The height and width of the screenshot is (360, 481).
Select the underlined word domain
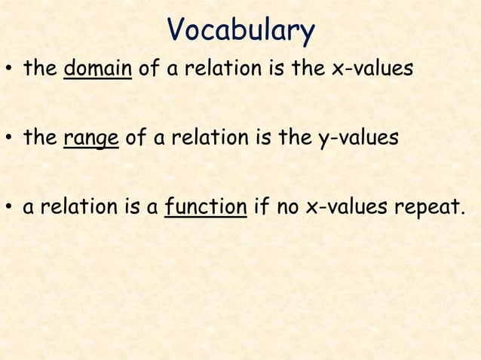[x=99, y=69]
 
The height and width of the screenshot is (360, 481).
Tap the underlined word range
[x=91, y=139]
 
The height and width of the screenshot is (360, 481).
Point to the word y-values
[x=349, y=139]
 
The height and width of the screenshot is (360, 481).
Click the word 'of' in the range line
[x=134, y=139]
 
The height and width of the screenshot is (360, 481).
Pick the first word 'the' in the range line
[x=40, y=139]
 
